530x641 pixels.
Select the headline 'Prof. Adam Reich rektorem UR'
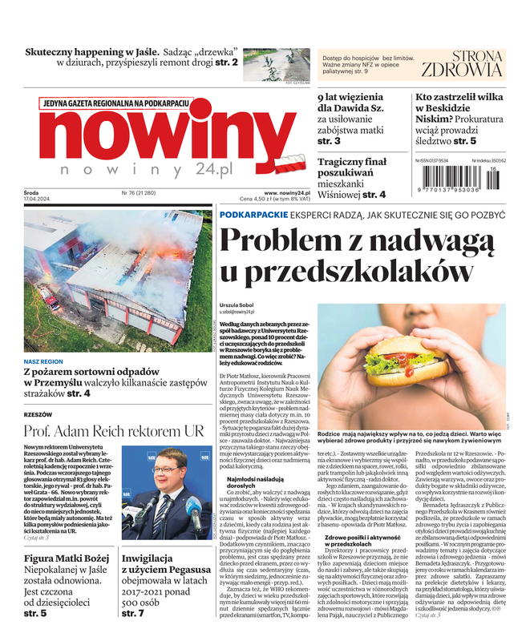coord(114,431)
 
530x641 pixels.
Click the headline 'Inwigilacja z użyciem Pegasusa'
coord(157,564)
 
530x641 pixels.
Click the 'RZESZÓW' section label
coord(38,414)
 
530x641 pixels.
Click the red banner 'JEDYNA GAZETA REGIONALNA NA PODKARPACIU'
coord(116,103)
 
